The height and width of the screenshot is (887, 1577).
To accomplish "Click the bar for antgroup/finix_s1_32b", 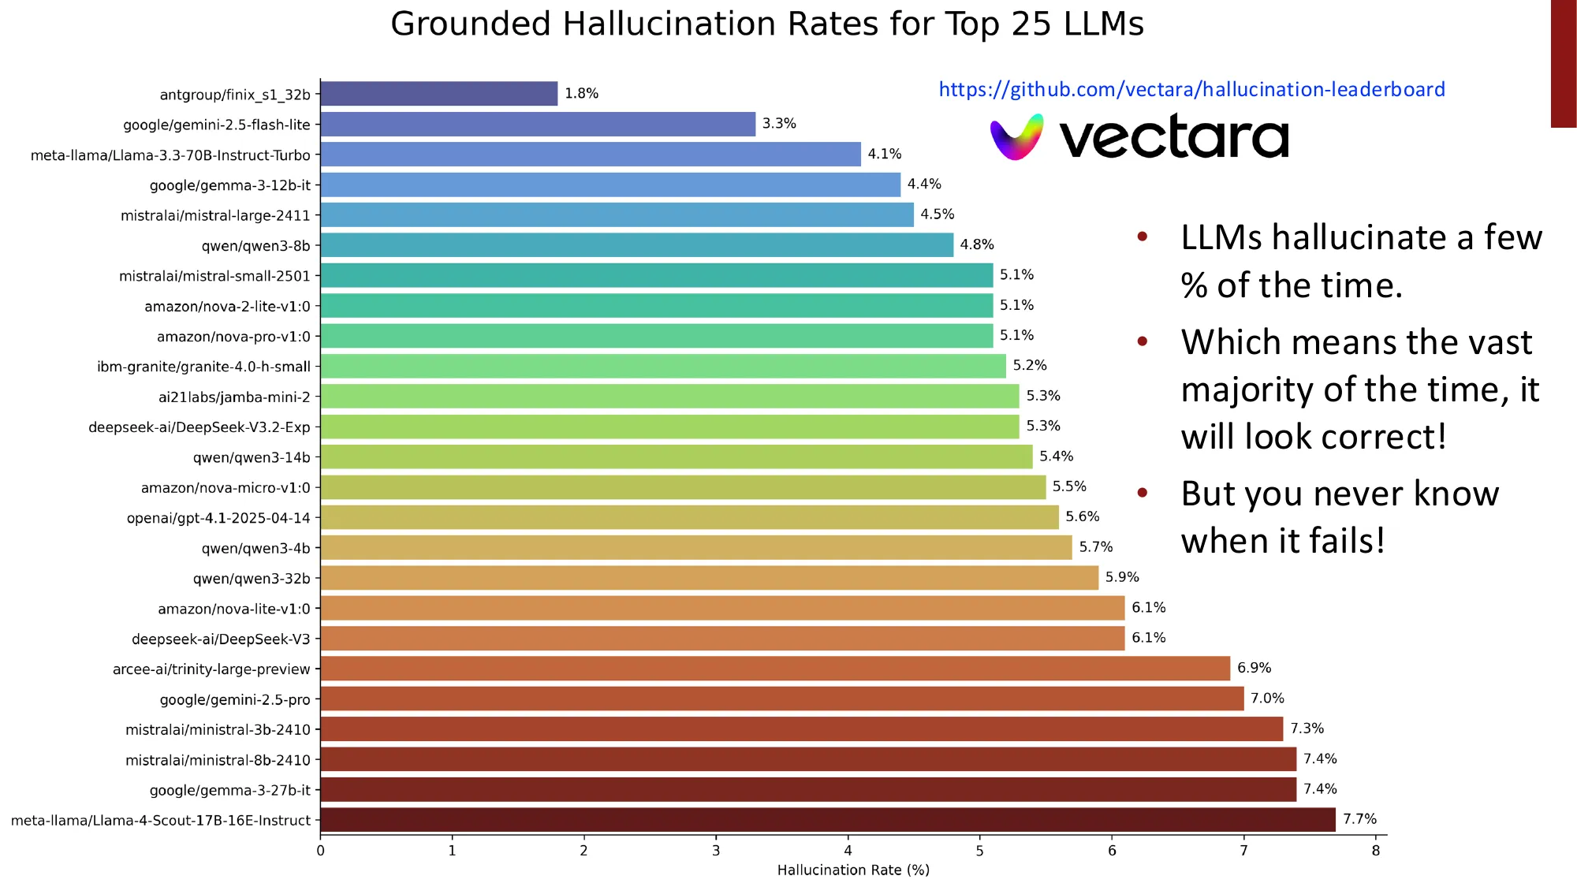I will [438, 94].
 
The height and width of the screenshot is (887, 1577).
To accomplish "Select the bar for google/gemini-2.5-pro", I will [781, 699].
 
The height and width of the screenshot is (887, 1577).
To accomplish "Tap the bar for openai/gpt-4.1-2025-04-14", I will [689, 517].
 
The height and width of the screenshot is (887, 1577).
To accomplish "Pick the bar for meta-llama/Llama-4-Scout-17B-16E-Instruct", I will [827, 820].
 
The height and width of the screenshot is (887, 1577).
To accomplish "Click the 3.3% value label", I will [779, 124].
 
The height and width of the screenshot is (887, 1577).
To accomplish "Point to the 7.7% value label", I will [1359, 819].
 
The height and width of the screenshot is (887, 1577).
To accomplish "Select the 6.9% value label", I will [1254, 668].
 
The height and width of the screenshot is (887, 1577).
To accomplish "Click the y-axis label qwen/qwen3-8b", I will [255, 246].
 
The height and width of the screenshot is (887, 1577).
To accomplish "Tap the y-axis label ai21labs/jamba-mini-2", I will [234, 397].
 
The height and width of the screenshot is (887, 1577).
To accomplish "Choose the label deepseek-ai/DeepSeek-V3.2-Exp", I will [199, 427].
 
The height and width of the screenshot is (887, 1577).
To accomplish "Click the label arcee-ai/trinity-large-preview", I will [211, 669].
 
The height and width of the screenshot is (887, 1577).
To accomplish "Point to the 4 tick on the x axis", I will [848, 851].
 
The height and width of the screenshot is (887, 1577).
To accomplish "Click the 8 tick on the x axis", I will [1376, 851].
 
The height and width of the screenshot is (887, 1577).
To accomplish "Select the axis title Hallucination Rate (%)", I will [853, 870].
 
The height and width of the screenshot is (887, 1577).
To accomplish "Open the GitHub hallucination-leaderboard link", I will [1191, 90].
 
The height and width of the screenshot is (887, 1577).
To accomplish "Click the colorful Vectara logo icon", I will [1016, 137].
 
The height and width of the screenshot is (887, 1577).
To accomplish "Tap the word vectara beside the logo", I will [1173, 138].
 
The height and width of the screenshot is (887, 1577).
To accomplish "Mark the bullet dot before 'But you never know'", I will [1142, 494].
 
